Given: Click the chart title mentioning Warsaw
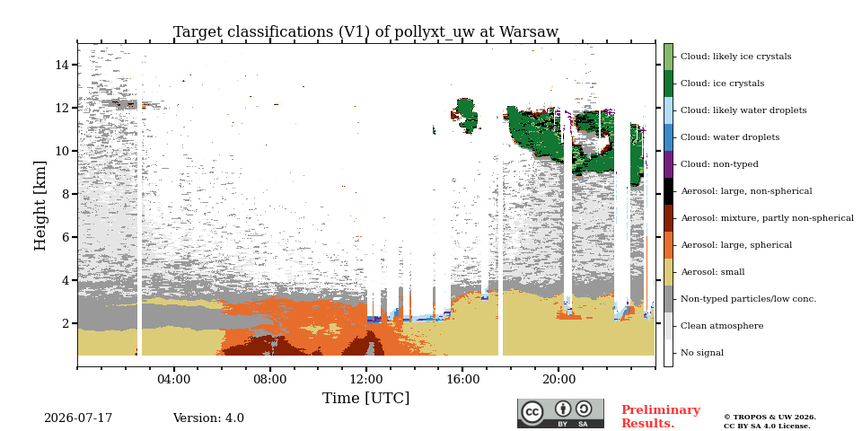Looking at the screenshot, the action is coord(365,32).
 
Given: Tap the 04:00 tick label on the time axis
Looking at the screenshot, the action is coord(174,380).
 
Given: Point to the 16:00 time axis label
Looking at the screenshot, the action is coord(462,380).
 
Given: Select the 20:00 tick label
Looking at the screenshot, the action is coord(559,380).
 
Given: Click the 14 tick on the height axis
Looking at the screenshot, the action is coord(63,65).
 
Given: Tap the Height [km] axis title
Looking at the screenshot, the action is coord(40,206).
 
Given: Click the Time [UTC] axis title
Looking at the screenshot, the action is coord(365,398).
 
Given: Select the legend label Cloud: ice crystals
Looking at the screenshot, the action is coord(722,84).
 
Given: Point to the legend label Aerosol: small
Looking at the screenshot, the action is coord(713,272).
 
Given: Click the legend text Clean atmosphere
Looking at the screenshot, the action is coord(722,326).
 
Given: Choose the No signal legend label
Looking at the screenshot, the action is coord(702,353).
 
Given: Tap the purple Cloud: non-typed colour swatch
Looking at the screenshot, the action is coord(668,164).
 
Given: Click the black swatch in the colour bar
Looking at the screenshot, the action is coord(668,191).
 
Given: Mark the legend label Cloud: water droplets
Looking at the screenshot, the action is coord(730,137).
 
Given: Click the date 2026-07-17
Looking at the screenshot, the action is coord(78,418).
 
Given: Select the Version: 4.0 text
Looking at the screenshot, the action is coord(208,418).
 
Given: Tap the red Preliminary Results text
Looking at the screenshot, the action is coord(661,417).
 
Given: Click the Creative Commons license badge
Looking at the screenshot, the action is coord(560,413).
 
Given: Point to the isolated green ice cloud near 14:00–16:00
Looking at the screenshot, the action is coord(466,114).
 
